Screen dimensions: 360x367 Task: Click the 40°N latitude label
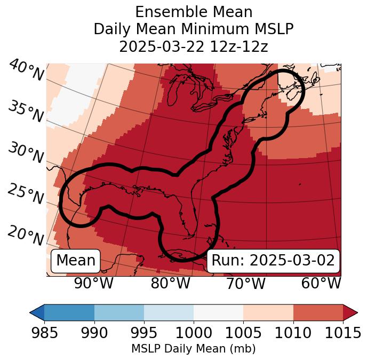click(26, 71)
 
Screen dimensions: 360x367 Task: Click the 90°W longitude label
click(94, 283)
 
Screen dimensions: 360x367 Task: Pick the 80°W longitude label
click(170, 283)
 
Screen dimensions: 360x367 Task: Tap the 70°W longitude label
click(245, 283)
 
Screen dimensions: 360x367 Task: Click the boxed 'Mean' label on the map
click(76, 261)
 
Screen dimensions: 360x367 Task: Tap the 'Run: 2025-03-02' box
click(273, 261)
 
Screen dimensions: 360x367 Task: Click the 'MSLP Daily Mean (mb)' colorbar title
click(193, 349)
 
